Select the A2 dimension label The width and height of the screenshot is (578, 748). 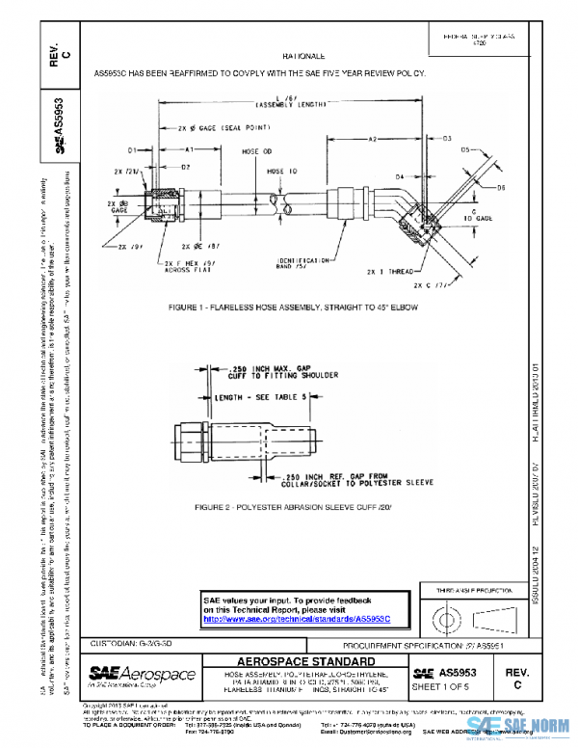(x=373, y=141)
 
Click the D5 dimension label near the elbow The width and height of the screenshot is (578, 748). (x=465, y=150)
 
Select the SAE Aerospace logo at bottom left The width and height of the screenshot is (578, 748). (x=142, y=676)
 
